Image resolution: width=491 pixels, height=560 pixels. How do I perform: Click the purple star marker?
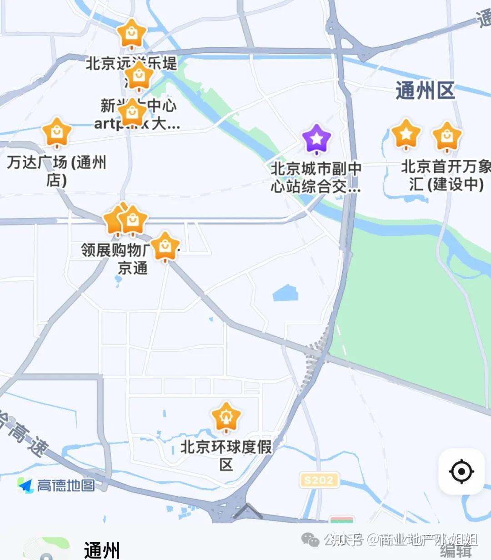coord(317,138)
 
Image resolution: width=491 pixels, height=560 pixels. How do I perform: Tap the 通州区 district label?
coord(425,90)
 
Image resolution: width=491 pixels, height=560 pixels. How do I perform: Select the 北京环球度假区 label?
coord(226,455)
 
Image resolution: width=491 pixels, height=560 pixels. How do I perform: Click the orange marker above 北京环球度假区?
coord(226,416)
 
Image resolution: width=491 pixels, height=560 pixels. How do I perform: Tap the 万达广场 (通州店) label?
coord(56,170)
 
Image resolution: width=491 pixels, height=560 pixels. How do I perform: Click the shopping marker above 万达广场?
coord(57,132)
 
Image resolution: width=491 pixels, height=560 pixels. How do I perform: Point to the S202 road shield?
coord(319,480)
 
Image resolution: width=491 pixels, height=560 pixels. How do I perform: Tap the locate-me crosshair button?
coord(461,471)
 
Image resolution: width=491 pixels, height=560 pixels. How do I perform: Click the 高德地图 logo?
coord(57,485)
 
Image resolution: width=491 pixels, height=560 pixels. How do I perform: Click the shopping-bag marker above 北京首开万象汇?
coord(447,136)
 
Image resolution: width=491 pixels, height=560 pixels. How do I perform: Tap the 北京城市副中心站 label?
coord(316,177)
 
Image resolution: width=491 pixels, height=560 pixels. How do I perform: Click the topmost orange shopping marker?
coord(131,33)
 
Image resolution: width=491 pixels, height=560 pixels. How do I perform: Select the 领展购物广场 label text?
coord(114,250)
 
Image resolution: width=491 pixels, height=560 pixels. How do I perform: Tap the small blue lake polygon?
coord(286,293)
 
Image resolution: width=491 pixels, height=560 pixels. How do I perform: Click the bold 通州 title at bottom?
coord(102,550)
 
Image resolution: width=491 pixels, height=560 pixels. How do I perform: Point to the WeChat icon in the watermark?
coord(311,540)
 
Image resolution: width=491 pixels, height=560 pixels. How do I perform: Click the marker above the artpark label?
coord(132,112)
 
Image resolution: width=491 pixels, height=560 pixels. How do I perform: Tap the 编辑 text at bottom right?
coord(456,551)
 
